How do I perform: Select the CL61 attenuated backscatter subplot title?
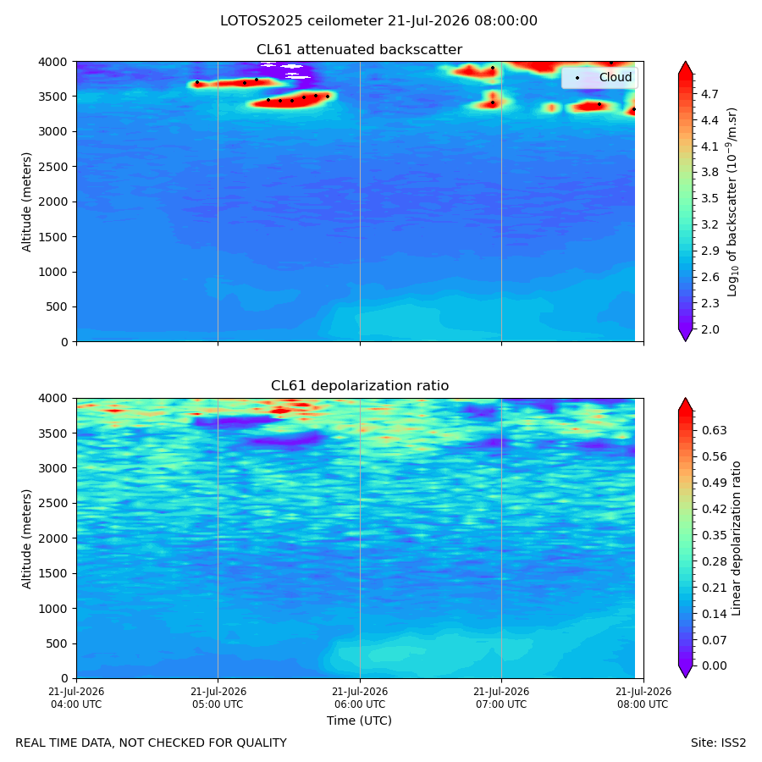pyautogui.click(x=359, y=50)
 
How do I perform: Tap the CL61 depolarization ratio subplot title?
pyautogui.click(x=360, y=386)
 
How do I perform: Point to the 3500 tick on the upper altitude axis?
pyautogui.click(x=53, y=97)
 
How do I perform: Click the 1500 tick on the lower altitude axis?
pyautogui.click(x=53, y=573)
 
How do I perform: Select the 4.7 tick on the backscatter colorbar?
pyautogui.click(x=710, y=94)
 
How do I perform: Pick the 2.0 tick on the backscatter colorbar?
pyautogui.click(x=710, y=329)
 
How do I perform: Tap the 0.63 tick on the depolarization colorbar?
pyautogui.click(x=714, y=431)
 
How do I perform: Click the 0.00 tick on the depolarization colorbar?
pyautogui.click(x=714, y=665)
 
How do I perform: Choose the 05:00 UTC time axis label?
pyautogui.click(x=218, y=698)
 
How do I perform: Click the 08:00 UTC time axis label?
pyautogui.click(x=643, y=698)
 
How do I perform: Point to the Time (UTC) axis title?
pyautogui.click(x=359, y=721)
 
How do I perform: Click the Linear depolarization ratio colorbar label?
pyautogui.click(x=737, y=538)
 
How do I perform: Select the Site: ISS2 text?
pyautogui.click(x=718, y=743)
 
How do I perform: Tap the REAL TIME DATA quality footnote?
pyautogui.click(x=152, y=743)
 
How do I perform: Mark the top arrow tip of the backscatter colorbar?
pyautogui.click(x=685, y=62)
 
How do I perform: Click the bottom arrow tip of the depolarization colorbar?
pyautogui.click(x=685, y=677)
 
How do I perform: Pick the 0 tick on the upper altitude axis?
pyautogui.click(x=64, y=342)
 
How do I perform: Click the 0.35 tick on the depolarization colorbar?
pyautogui.click(x=714, y=536)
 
